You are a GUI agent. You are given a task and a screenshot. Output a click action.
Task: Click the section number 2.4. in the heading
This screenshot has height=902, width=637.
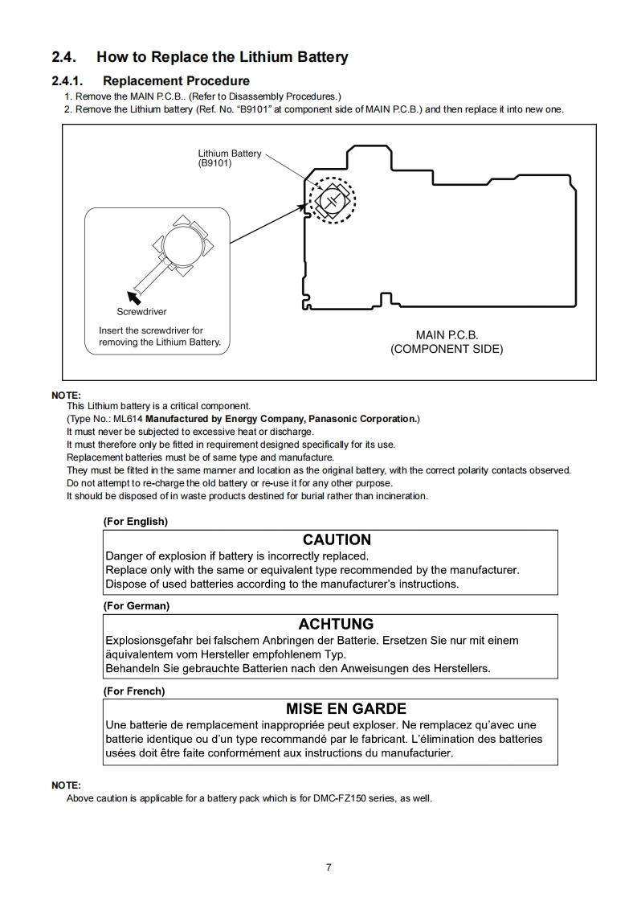point(65,57)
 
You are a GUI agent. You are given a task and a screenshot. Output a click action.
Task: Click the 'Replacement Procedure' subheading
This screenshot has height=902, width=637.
point(176,80)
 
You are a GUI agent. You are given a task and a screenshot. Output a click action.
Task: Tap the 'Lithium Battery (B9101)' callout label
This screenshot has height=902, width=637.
point(229,158)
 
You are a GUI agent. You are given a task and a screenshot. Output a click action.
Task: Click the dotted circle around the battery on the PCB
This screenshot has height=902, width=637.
point(332,199)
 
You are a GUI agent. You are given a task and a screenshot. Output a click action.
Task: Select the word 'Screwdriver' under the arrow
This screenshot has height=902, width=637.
point(142,312)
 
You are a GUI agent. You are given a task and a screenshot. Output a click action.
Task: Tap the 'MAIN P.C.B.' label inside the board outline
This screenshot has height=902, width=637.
point(447,334)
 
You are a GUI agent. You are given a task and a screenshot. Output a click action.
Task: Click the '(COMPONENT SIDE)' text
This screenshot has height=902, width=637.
point(447,349)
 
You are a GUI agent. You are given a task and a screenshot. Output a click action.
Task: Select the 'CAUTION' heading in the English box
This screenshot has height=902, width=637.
point(337,539)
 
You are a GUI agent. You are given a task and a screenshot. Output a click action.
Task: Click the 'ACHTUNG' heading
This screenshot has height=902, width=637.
point(336,624)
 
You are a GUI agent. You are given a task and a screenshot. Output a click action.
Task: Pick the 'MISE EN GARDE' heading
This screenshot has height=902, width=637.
point(346,708)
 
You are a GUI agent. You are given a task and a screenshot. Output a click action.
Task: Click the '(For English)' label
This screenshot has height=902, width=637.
point(135,522)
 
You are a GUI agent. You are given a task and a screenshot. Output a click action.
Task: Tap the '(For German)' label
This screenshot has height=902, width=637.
point(136,606)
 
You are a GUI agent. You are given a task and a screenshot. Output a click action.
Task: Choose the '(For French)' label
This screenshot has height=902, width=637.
point(133,691)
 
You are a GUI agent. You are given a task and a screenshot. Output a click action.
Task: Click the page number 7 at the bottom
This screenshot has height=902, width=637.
point(329,867)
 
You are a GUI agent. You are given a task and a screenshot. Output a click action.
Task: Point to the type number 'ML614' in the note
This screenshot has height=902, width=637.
point(129,419)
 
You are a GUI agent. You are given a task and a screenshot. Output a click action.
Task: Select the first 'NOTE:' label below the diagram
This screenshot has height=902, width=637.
point(66,396)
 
